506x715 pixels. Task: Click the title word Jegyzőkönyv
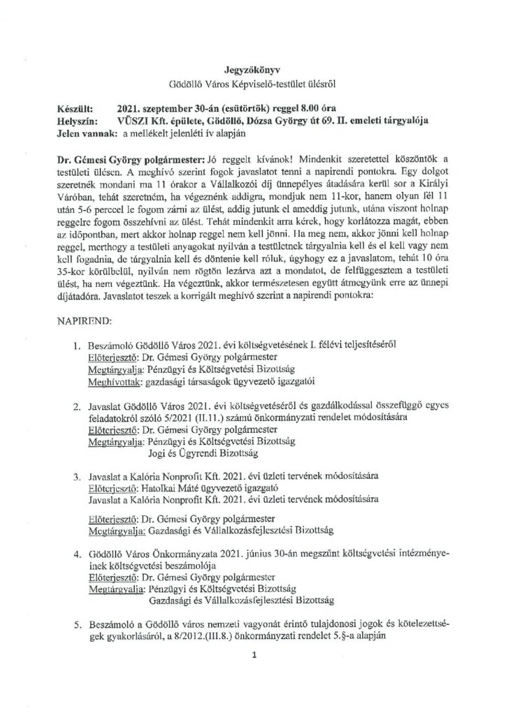[252, 71]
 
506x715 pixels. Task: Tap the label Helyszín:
[76, 121]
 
